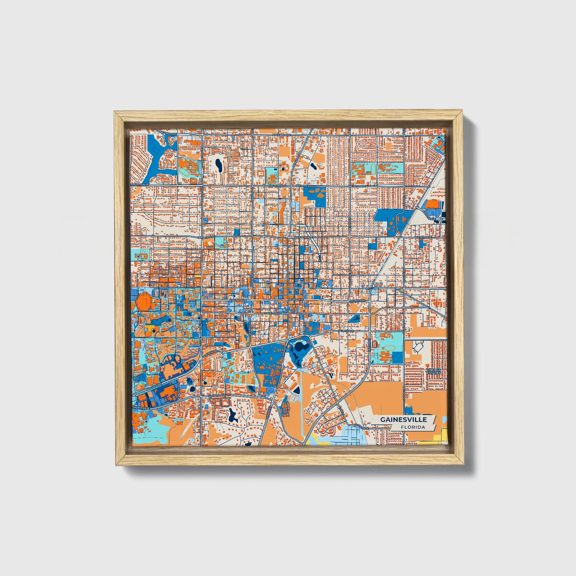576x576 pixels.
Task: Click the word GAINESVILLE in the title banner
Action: pyautogui.click(x=403, y=419)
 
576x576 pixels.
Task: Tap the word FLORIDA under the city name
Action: pyautogui.click(x=413, y=427)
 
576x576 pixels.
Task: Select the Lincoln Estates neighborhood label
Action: pyautogui.click(x=434, y=371)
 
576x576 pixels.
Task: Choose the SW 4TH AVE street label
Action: pyautogui.click(x=273, y=314)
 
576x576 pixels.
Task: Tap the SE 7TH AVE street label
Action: pyautogui.click(x=346, y=331)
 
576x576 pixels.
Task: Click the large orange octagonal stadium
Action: pyautogui.click(x=144, y=303)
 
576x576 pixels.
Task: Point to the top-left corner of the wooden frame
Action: pyautogui.click(x=115, y=112)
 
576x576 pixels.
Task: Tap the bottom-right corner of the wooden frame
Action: pyautogui.click(x=464, y=465)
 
